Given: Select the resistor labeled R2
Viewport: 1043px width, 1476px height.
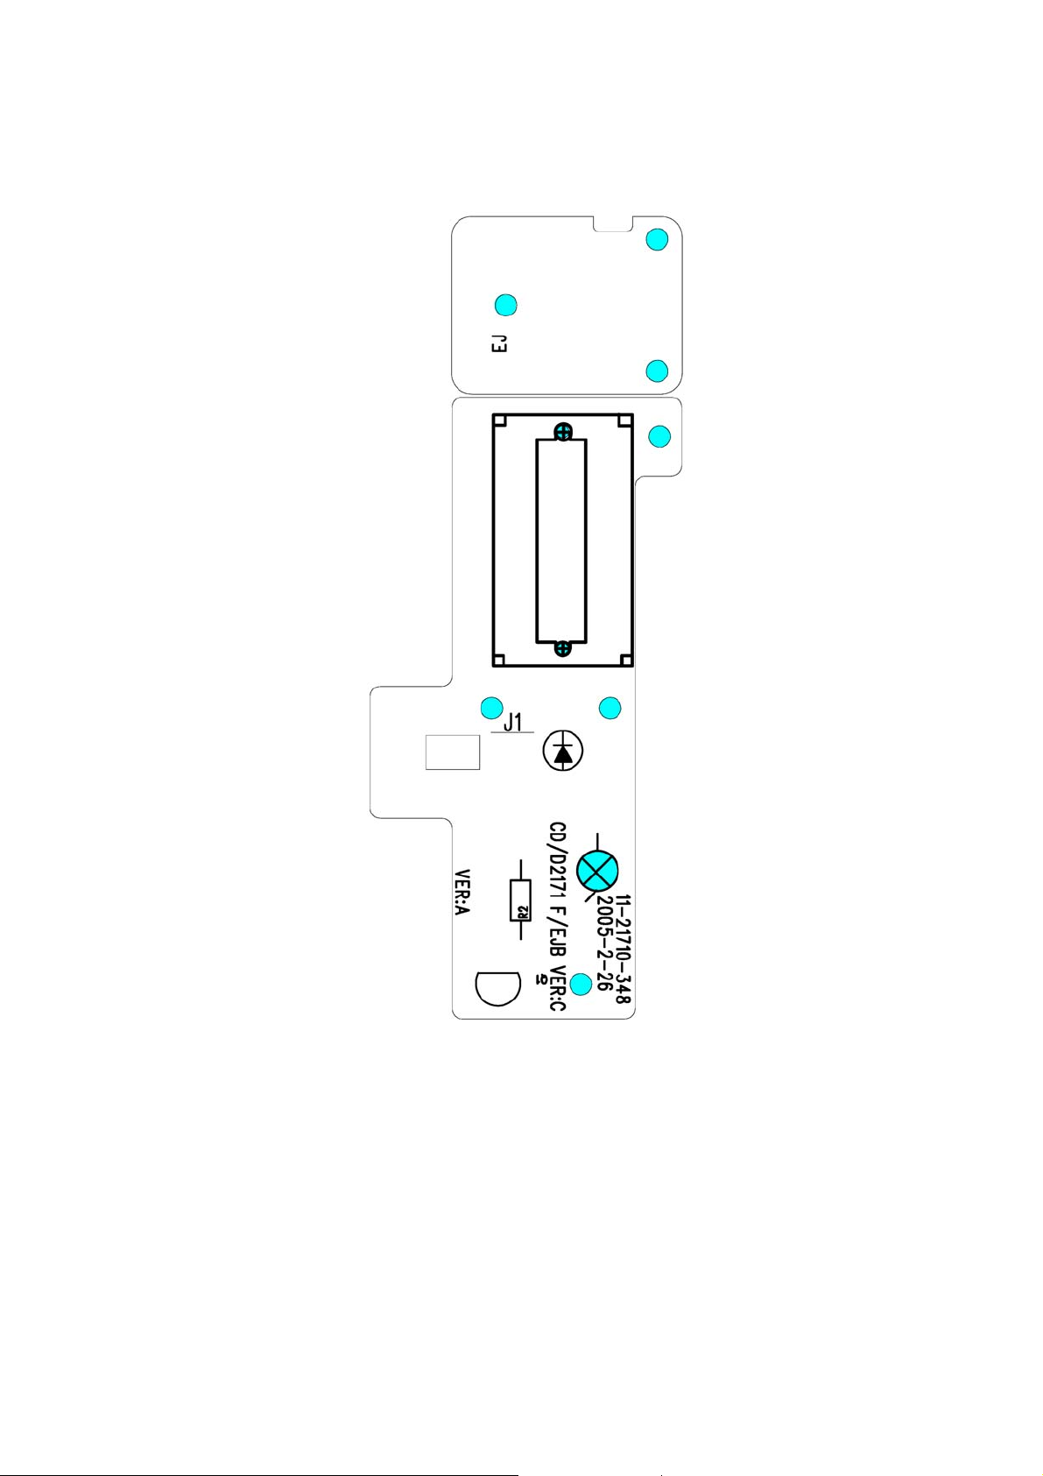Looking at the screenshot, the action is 521,900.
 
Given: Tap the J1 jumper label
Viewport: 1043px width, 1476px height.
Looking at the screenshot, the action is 513,723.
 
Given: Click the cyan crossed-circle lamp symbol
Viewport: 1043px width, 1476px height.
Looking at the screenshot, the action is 599,870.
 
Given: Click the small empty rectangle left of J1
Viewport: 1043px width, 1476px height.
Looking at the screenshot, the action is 453,752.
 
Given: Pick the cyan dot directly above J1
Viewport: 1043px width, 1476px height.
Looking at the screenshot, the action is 492,707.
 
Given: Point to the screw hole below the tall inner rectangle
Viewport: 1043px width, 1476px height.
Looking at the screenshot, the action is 564,649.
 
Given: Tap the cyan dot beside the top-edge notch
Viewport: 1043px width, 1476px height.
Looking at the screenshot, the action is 657,239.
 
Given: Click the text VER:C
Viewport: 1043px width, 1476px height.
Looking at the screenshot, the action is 557,990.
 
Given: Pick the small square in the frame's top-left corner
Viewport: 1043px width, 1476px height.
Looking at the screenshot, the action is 499,421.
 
